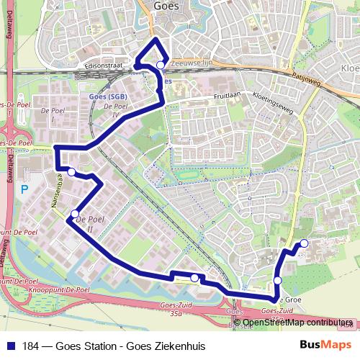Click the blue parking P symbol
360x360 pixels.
(x=24, y=189)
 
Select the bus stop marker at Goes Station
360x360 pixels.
(x=161, y=66)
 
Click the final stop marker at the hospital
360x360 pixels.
(x=304, y=243)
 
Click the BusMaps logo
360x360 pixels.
(x=325, y=346)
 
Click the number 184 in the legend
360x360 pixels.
(x=31, y=346)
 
